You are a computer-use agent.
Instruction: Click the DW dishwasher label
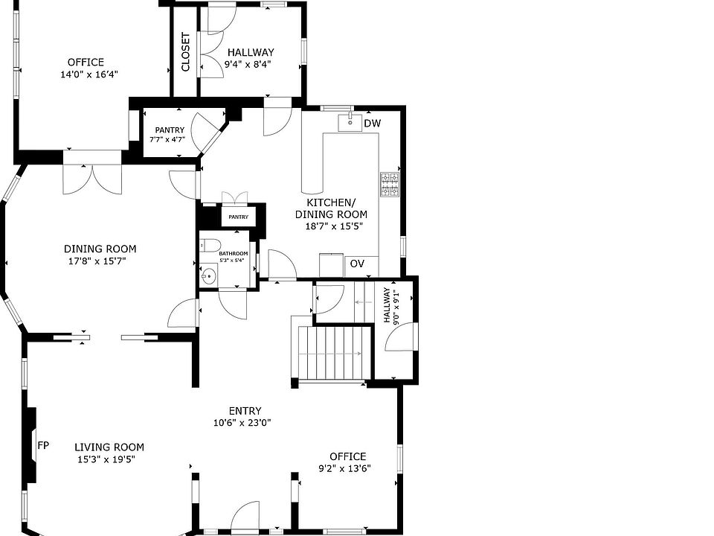(x=372, y=123)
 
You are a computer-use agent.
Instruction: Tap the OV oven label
(x=357, y=264)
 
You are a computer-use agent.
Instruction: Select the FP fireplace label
(x=43, y=445)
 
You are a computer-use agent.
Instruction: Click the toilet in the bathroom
(x=210, y=245)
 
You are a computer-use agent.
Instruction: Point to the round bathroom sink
(x=208, y=275)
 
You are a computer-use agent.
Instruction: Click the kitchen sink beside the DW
(x=350, y=122)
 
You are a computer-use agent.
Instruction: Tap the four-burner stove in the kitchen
(x=390, y=185)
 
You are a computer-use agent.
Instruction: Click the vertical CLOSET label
(x=185, y=51)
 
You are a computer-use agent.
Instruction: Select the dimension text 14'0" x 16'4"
(x=89, y=74)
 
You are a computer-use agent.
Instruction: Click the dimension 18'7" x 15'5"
(x=334, y=226)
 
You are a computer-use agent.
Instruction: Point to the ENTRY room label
(x=245, y=411)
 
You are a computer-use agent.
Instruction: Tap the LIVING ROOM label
(x=109, y=447)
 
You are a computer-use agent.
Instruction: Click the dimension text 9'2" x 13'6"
(x=344, y=468)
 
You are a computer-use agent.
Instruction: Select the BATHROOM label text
(x=233, y=254)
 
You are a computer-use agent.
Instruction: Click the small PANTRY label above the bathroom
(x=238, y=217)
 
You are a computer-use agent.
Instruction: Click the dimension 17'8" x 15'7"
(x=97, y=261)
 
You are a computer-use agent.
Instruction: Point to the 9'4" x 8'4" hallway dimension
(x=248, y=64)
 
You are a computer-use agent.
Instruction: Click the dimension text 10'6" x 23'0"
(x=242, y=423)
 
